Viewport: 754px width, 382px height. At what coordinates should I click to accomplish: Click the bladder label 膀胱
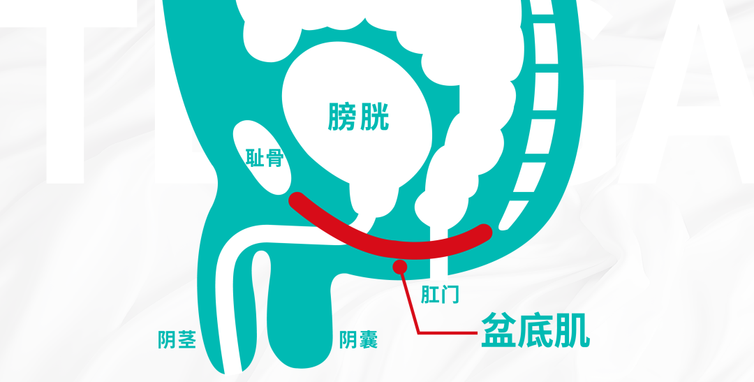(x=358, y=117)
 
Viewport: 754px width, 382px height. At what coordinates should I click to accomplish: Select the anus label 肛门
(x=440, y=294)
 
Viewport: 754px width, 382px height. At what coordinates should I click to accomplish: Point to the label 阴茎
(x=177, y=340)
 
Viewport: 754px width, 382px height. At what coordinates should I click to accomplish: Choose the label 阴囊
(x=358, y=340)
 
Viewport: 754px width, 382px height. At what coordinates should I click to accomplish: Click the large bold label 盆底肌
(x=535, y=332)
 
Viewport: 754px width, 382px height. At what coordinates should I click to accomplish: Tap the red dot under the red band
(x=400, y=266)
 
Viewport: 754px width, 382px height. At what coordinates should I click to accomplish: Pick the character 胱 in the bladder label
(x=374, y=117)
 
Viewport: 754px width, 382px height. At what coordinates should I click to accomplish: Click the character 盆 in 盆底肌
(x=498, y=332)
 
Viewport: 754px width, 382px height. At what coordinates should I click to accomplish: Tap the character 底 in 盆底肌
(x=535, y=332)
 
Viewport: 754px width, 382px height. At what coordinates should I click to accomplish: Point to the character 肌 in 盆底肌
(x=572, y=332)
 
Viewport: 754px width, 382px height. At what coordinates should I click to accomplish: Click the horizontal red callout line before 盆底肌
(x=447, y=332)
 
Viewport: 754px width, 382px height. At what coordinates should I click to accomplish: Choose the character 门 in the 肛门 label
(x=450, y=294)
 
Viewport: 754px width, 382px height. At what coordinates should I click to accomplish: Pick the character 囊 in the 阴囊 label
(x=368, y=340)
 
